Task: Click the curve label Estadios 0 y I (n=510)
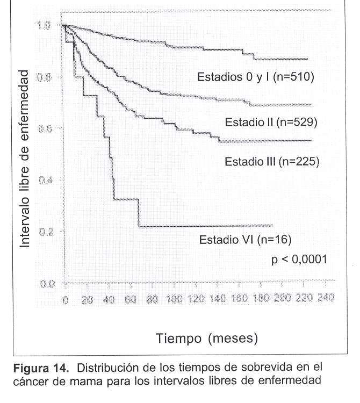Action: click(255, 77)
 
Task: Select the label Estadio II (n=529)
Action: click(272, 122)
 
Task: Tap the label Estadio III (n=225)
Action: click(272, 161)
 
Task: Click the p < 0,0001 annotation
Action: click(299, 260)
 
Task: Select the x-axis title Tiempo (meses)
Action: click(207, 339)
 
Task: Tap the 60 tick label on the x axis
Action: click(129, 299)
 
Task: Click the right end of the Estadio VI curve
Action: click(272, 226)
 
